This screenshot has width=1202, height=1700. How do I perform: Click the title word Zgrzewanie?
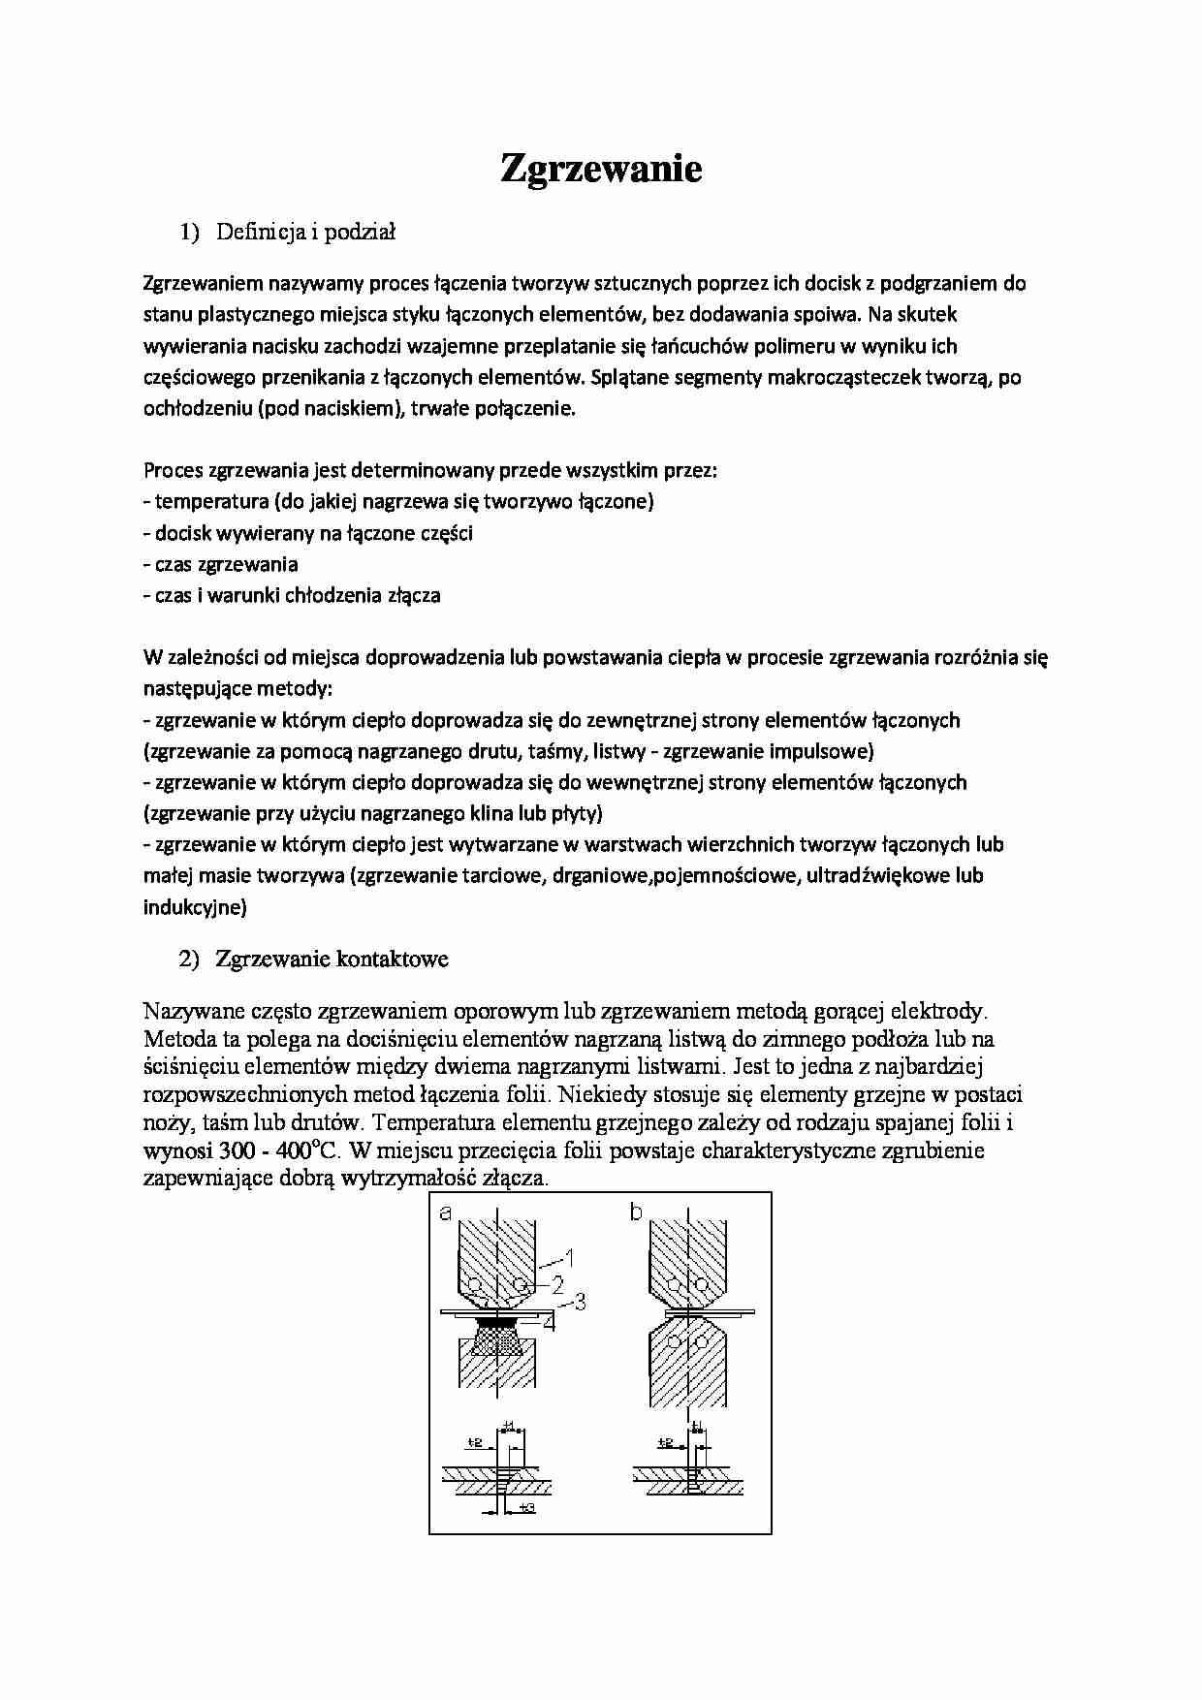pos(600,169)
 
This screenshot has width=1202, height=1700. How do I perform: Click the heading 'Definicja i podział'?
pos(305,232)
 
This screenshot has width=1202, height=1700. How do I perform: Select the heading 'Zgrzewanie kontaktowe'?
pos(332,960)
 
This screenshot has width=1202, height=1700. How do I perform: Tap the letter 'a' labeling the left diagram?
pos(446,1212)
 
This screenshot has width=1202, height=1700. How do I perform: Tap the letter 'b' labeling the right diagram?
pos(636,1212)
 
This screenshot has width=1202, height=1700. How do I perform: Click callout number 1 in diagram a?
pos(570,1259)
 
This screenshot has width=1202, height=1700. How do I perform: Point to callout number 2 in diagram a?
pos(558,1285)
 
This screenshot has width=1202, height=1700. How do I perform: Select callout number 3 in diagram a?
pos(580,1302)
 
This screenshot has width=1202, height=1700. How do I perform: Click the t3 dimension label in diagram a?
pos(527,1508)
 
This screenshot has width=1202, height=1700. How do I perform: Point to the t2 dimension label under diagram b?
pos(666,1442)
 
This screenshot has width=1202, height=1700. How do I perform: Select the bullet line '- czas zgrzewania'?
pos(220,564)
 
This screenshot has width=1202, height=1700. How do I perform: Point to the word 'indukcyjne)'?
pos(195,907)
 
